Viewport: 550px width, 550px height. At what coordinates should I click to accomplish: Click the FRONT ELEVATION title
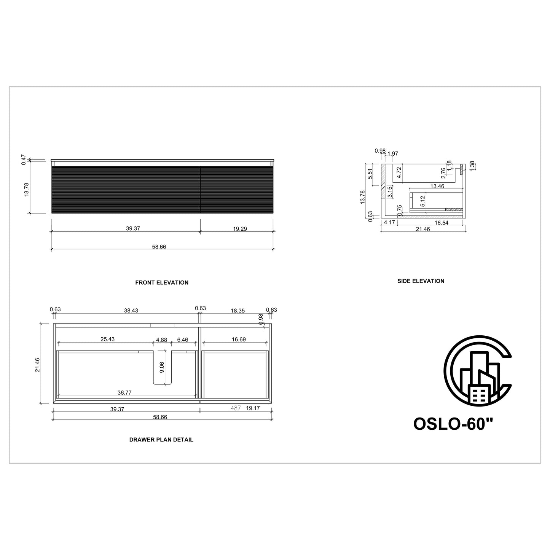click(162, 282)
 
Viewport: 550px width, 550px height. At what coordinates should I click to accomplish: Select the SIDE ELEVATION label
click(421, 281)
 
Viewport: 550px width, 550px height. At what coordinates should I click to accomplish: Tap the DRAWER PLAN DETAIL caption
click(161, 439)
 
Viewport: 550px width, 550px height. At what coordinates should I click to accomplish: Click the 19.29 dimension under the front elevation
click(240, 229)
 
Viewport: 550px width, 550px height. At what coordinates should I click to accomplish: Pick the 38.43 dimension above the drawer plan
click(131, 310)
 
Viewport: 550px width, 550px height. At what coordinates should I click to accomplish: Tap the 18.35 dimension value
click(238, 310)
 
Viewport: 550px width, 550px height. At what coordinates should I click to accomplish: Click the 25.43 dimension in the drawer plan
click(108, 339)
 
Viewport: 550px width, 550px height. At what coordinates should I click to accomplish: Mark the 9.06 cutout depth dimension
click(162, 367)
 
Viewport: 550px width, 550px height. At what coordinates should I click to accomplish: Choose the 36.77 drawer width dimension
click(124, 392)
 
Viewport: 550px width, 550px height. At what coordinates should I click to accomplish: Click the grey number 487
click(236, 408)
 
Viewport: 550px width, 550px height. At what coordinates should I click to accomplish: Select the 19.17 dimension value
click(253, 408)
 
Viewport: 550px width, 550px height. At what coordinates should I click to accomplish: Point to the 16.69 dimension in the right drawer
click(239, 339)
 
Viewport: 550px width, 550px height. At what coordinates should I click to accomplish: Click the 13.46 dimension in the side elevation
click(437, 186)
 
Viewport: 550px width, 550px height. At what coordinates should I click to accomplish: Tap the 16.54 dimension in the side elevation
click(441, 223)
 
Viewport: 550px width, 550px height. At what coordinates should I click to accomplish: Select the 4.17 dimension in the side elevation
click(389, 222)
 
